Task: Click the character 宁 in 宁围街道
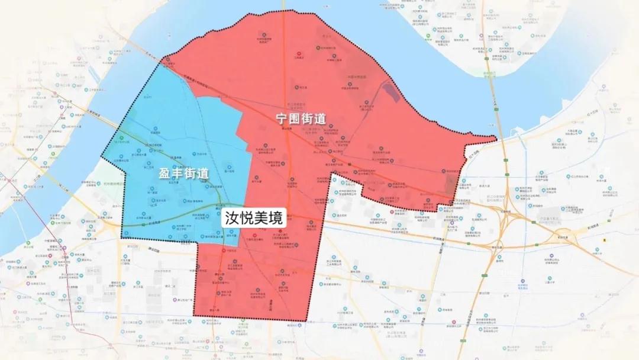click(284, 118)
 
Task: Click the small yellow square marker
click(605, 240)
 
